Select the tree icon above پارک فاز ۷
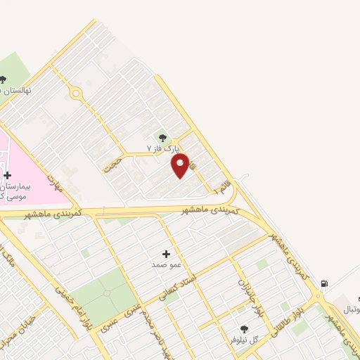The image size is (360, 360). click(163, 138)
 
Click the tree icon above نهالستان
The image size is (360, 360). click(3, 79)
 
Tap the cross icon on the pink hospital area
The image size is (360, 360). click(7, 175)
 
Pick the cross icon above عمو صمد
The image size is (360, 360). click(167, 254)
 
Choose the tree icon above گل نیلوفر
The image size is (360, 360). click(245, 328)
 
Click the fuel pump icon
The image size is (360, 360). click(323, 284)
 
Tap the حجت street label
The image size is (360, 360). click(112, 166)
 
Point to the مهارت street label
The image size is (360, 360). click(54, 183)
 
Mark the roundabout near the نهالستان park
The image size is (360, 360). click(75, 93)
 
